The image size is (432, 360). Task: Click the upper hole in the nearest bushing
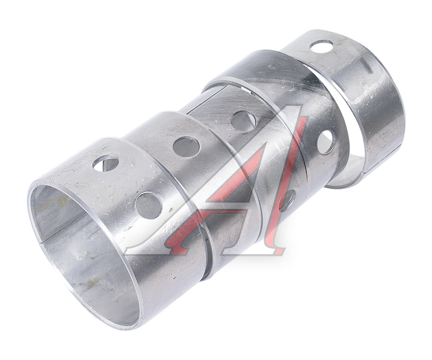click(x=106, y=163)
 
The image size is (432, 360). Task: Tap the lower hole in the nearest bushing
click(x=149, y=206)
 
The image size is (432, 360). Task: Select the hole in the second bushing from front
click(x=186, y=147)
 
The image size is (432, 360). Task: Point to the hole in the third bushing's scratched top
click(x=243, y=121)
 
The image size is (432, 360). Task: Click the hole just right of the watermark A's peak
click(x=326, y=142)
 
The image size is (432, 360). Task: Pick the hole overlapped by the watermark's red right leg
click(x=287, y=200)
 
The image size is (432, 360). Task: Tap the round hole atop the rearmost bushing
click(x=321, y=46)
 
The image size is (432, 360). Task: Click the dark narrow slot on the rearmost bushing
click(x=366, y=67)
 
